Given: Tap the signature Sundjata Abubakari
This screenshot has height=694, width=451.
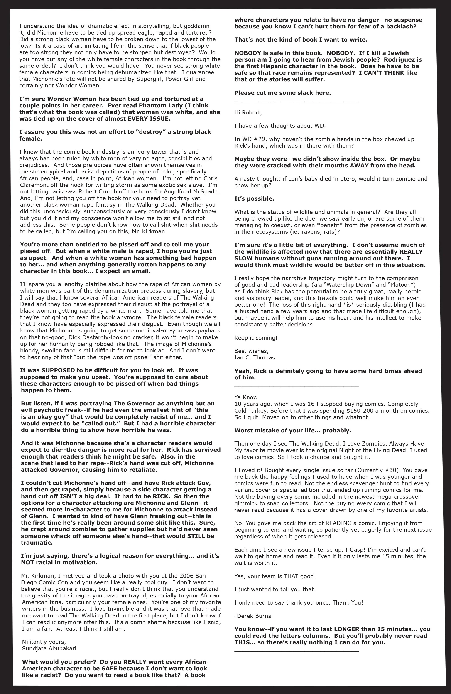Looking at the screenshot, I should point(49,649).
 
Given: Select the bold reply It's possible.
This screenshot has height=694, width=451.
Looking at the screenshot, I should point(254,199).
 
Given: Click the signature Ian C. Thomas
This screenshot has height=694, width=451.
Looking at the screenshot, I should point(254,357).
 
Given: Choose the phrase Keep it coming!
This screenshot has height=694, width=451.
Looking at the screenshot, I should point(256,338).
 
